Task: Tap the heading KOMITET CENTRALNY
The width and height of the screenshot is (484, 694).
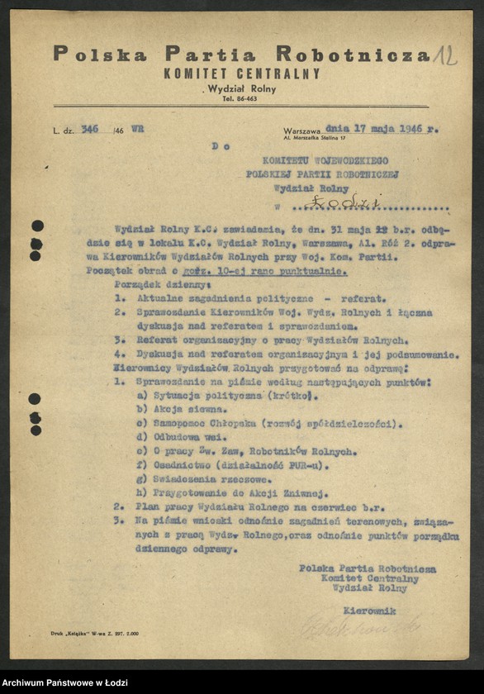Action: point(242,74)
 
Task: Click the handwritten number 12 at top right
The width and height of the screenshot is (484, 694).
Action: point(448,55)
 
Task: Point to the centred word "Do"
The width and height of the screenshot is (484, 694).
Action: point(219,146)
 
